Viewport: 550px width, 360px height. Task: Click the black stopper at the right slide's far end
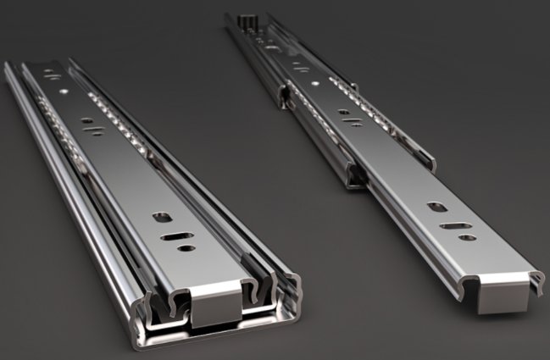click(x=248, y=18)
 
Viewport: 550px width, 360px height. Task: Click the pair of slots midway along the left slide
click(x=92, y=126)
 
